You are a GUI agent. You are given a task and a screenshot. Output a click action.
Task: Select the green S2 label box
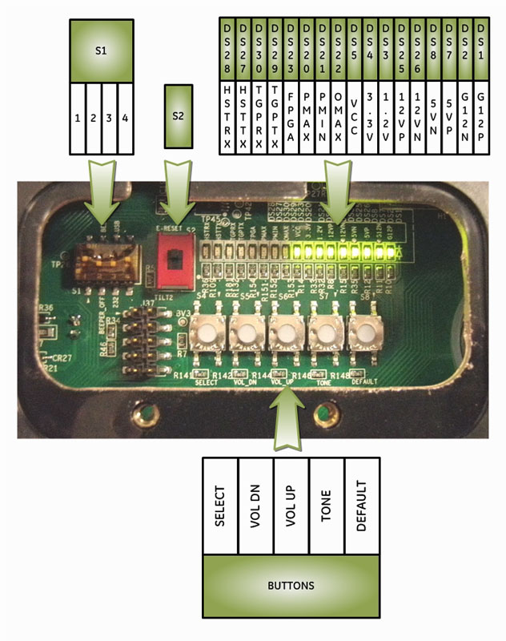point(179,116)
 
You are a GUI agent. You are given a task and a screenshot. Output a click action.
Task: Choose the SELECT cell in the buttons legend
point(220,506)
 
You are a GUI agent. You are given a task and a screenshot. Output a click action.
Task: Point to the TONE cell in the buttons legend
point(327,506)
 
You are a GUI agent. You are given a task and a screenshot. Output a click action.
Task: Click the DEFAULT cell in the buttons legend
point(362,506)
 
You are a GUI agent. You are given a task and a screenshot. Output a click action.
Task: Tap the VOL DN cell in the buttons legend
point(255,506)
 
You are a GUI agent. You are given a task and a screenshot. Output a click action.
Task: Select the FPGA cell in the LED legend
point(291,116)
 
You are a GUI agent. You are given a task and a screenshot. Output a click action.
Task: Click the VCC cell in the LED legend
point(354,116)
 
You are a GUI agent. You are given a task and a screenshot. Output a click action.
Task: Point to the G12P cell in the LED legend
point(480,116)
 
